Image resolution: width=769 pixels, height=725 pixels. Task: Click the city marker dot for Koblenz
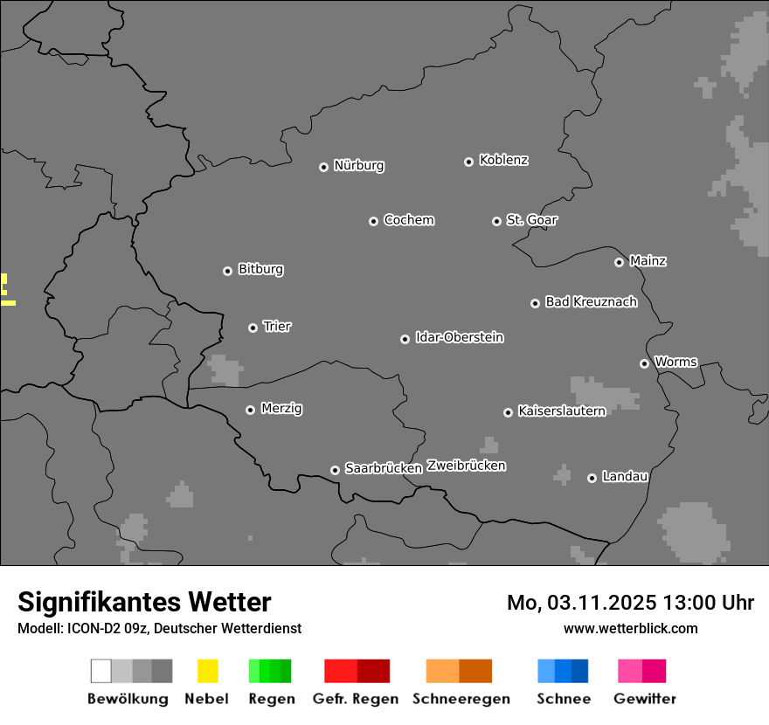(x=468, y=162)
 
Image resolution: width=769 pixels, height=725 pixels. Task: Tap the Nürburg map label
(x=359, y=165)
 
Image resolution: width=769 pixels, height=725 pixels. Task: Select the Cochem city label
(x=409, y=220)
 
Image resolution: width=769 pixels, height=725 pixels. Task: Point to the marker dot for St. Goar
(x=496, y=221)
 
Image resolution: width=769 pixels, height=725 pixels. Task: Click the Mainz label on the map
(x=648, y=261)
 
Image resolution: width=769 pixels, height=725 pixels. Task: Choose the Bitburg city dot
(x=227, y=271)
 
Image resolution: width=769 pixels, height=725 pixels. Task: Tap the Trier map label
(x=277, y=327)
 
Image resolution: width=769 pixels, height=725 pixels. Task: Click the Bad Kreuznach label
(x=591, y=302)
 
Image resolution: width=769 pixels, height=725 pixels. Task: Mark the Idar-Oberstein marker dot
(x=405, y=339)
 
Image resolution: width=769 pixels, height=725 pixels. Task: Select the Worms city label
(x=675, y=362)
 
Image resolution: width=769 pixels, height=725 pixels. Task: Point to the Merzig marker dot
(x=250, y=410)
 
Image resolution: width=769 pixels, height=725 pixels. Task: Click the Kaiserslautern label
(x=562, y=411)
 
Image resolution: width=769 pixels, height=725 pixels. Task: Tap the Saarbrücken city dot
(x=335, y=470)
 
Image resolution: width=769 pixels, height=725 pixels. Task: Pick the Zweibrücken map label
(x=467, y=466)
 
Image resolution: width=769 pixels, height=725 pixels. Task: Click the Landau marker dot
(x=592, y=478)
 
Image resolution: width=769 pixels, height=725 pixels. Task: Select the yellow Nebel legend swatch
(x=207, y=671)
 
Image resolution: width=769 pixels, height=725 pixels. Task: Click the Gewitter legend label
(x=645, y=699)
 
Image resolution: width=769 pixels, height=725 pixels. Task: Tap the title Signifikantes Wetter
(x=144, y=602)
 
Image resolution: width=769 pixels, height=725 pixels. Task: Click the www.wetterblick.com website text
(x=631, y=628)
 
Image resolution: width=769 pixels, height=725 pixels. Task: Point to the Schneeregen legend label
(x=461, y=699)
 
